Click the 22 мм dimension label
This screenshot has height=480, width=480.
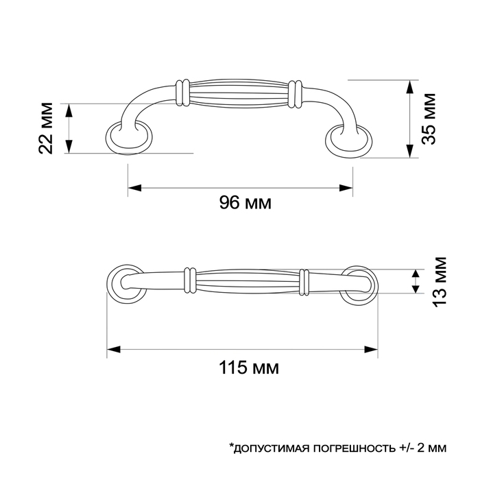[x=47, y=128]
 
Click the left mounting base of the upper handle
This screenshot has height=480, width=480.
[x=128, y=138]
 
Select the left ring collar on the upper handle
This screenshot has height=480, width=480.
[x=183, y=93]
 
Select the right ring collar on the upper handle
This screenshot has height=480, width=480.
[x=295, y=95]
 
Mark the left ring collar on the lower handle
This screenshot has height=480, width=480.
[x=190, y=280]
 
